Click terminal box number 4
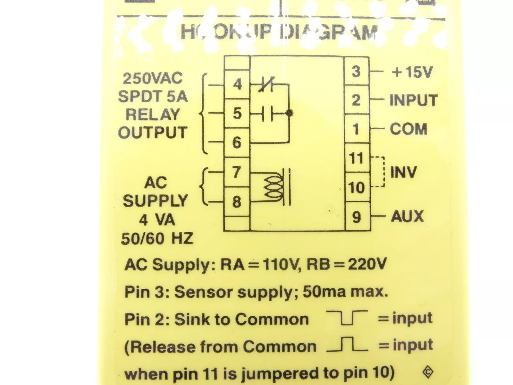(x=237, y=85)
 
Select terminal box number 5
(x=237, y=114)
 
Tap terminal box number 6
(x=237, y=142)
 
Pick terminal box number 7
(x=237, y=172)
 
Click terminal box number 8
(x=237, y=201)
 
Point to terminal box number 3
(x=356, y=71)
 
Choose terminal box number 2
(x=356, y=100)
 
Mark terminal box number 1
(x=356, y=129)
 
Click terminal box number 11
(x=356, y=158)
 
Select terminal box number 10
(x=356, y=187)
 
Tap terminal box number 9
(x=356, y=217)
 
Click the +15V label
(x=412, y=73)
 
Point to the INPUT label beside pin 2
(x=414, y=100)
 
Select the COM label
(x=408, y=129)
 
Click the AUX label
(x=407, y=216)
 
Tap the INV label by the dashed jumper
(x=403, y=173)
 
